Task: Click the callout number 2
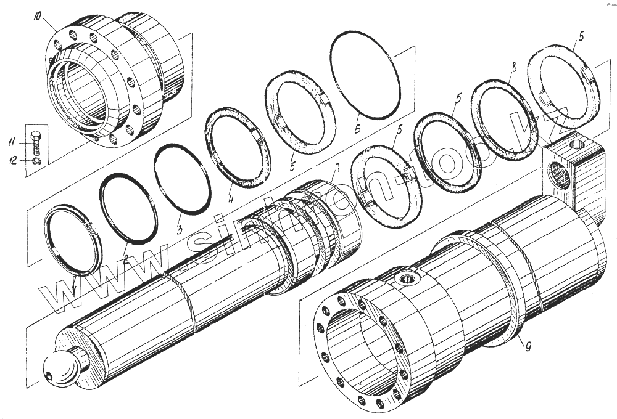click(125, 259)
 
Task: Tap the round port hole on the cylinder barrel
click(407, 280)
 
